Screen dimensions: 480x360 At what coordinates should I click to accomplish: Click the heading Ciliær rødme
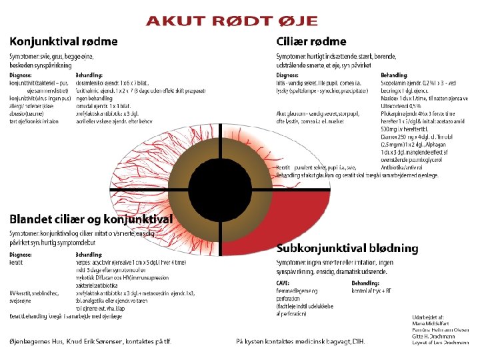[x=311, y=42]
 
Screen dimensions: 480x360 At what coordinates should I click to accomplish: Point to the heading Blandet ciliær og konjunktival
[x=91, y=219]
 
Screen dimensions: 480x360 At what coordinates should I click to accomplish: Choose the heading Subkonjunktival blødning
[x=347, y=249]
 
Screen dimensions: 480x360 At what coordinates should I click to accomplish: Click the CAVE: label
[x=284, y=283]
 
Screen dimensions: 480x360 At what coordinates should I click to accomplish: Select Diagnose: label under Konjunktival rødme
[x=21, y=75]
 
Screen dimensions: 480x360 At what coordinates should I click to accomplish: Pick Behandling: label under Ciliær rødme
[x=394, y=75]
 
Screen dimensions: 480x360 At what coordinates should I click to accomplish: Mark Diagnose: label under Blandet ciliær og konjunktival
[x=21, y=254]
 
